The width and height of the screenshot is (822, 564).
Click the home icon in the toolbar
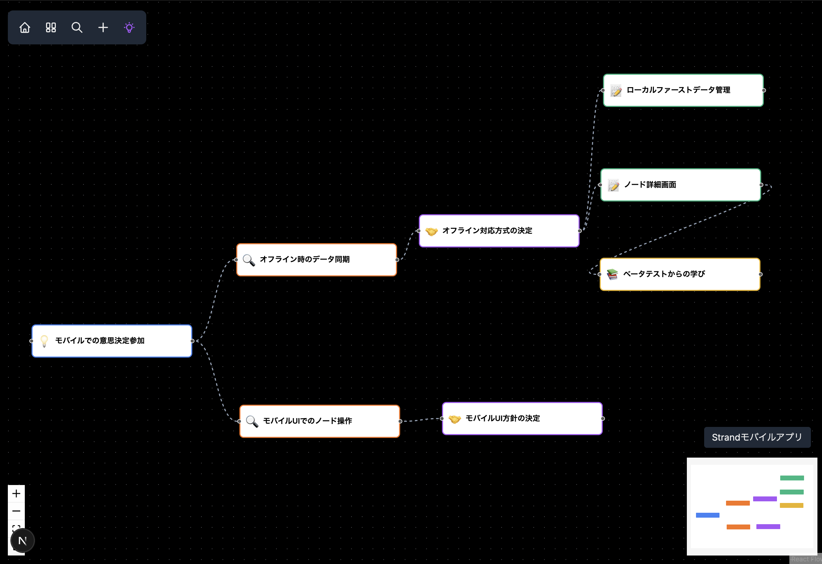coord(25,28)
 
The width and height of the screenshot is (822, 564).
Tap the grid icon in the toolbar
coord(51,28)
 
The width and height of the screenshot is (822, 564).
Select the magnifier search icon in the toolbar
coord(77,28)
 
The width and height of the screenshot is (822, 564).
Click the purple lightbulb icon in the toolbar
coord(129,28)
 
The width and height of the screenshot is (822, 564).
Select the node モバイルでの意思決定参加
coord(112,341)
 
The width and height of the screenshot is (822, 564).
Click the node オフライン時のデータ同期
coord(317,260)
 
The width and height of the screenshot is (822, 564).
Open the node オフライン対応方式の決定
coord(499,231)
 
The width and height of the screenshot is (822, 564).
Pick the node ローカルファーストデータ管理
coord(683,90)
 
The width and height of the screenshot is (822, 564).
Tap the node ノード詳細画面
coord(681,185)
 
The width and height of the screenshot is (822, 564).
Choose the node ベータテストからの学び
coord(680,274)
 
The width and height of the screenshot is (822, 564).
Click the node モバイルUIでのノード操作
coord(320,421)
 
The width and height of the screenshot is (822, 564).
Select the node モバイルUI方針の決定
coord(522,419)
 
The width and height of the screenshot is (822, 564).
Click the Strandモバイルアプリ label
coord(757,437)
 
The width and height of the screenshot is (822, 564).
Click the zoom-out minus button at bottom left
coord(16,511)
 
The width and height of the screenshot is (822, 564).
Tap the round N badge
coord(23,540)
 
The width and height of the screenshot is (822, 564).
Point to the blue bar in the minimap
coord(707,515)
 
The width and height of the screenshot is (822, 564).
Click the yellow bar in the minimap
coord(791,505)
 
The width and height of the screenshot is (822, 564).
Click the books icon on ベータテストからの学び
coord(612,274)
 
